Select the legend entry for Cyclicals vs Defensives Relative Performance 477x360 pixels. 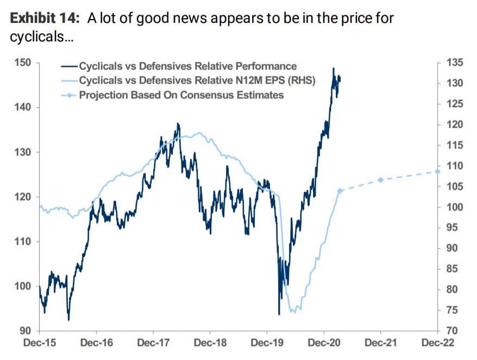[188, 66]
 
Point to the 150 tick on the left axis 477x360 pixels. [25, 63]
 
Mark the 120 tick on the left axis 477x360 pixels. [25, 197]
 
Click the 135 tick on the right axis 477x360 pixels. [455, 63]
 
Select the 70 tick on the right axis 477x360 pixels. [453, 331]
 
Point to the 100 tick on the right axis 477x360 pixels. [455, 207]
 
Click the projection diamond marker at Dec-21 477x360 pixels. [380, 180]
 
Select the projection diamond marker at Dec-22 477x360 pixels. [437, 171]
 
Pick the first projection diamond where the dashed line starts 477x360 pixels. [340, 191]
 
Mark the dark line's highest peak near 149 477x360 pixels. [333, 69]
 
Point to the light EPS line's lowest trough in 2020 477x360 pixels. [294, 312]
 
